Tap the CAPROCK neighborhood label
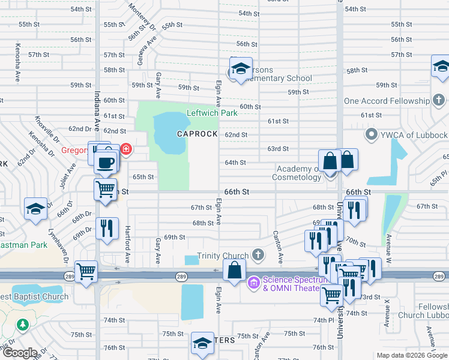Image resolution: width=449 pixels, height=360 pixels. (197, 134)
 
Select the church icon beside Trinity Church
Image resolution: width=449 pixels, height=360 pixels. (258, 256)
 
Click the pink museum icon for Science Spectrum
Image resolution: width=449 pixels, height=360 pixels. (254, 283)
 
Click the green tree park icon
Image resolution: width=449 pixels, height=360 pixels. (23, 325)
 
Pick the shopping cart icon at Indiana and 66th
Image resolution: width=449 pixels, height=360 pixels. (106, 189)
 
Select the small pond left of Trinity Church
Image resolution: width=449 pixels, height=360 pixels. (191, 260)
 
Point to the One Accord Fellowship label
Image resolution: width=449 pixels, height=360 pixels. (388, 101)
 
